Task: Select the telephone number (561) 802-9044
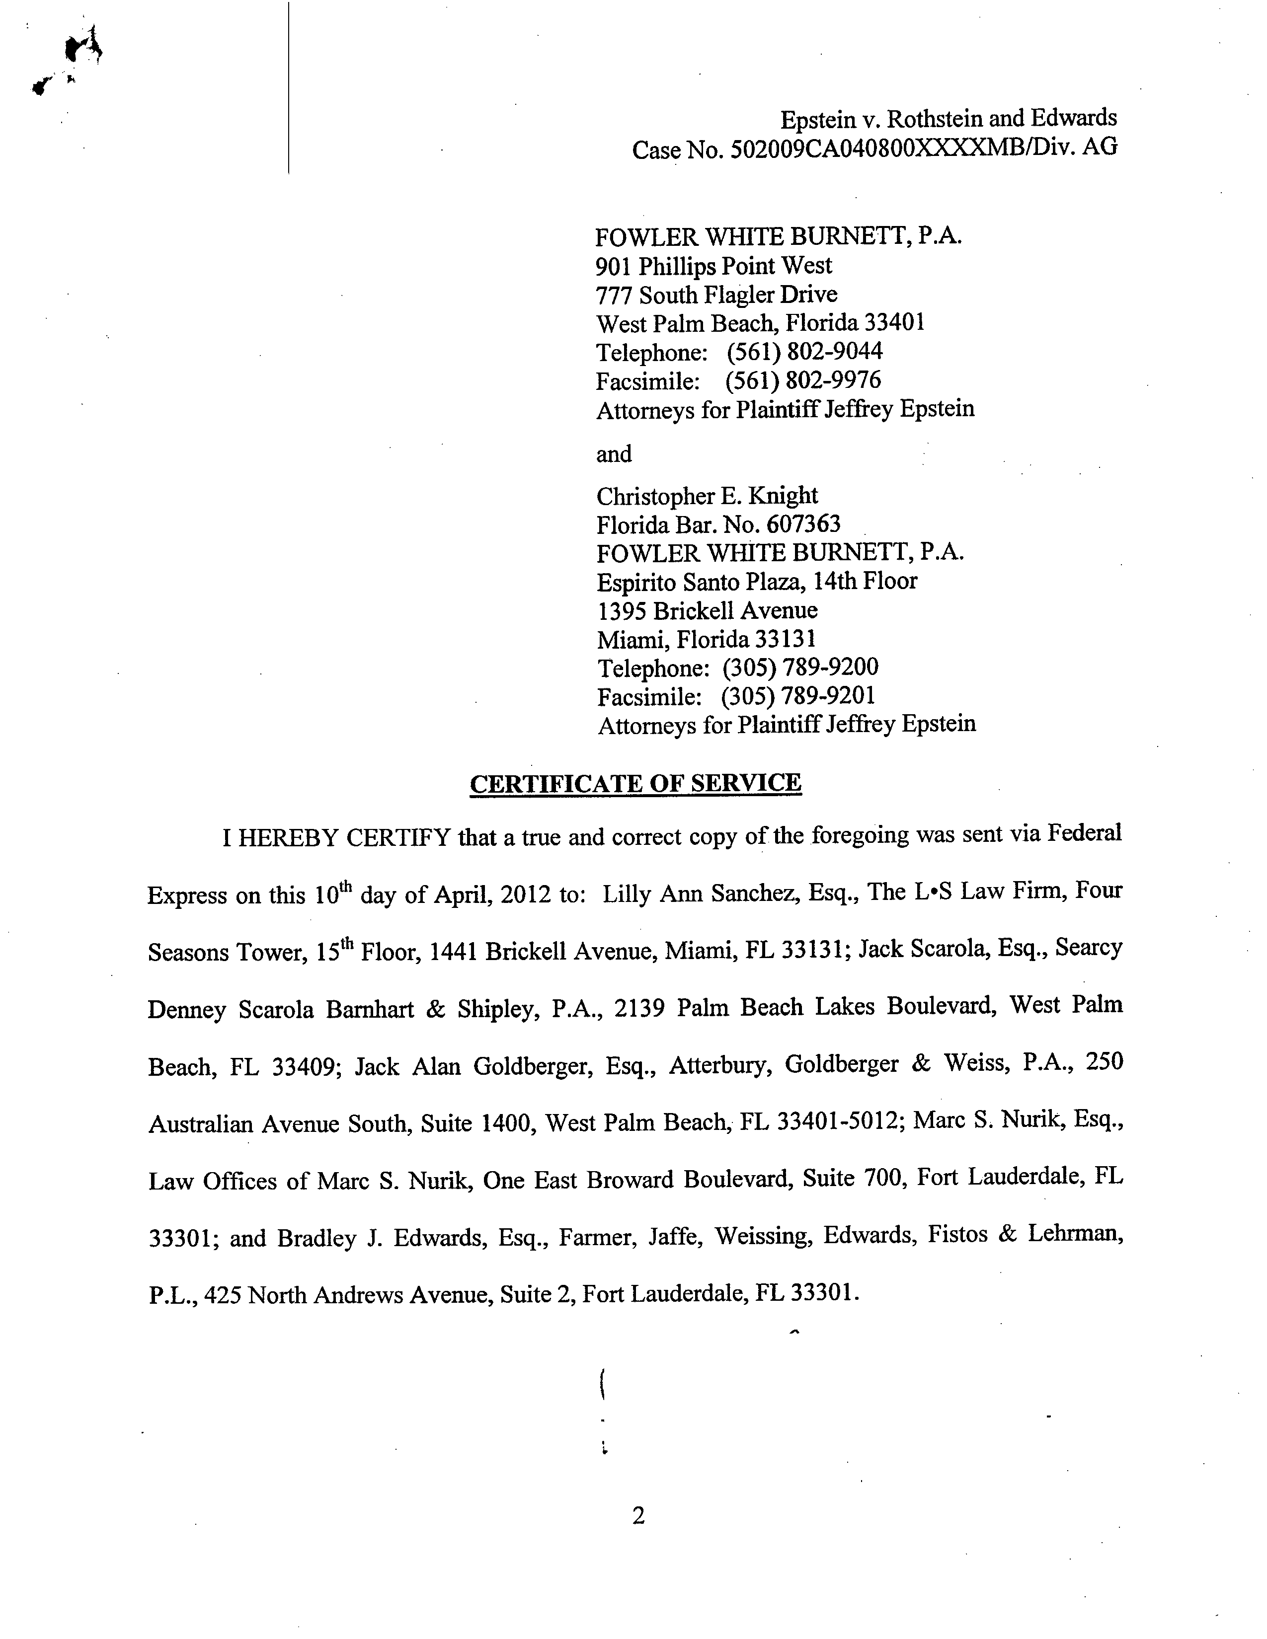pos(804,351)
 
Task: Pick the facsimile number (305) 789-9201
pos(798,696)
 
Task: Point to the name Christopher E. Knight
pos(707,496)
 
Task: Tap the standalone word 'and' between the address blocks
pos(614,454)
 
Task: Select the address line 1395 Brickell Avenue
pos(707,610)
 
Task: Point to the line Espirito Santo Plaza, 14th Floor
pos(757,582)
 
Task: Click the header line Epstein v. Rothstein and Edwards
pos(948,119)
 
